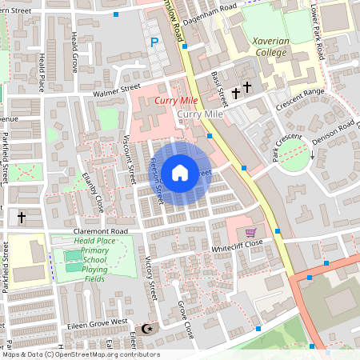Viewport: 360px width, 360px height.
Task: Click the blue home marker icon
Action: click(x=180, y=172)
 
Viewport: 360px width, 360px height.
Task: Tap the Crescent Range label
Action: click(x=301, y=100)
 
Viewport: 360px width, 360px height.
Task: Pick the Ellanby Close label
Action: click(x=93, y=192)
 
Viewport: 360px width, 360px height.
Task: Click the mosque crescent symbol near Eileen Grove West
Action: click(x=146, y=328)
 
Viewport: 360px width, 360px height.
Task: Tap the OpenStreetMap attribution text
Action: click(x=80, y=354)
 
